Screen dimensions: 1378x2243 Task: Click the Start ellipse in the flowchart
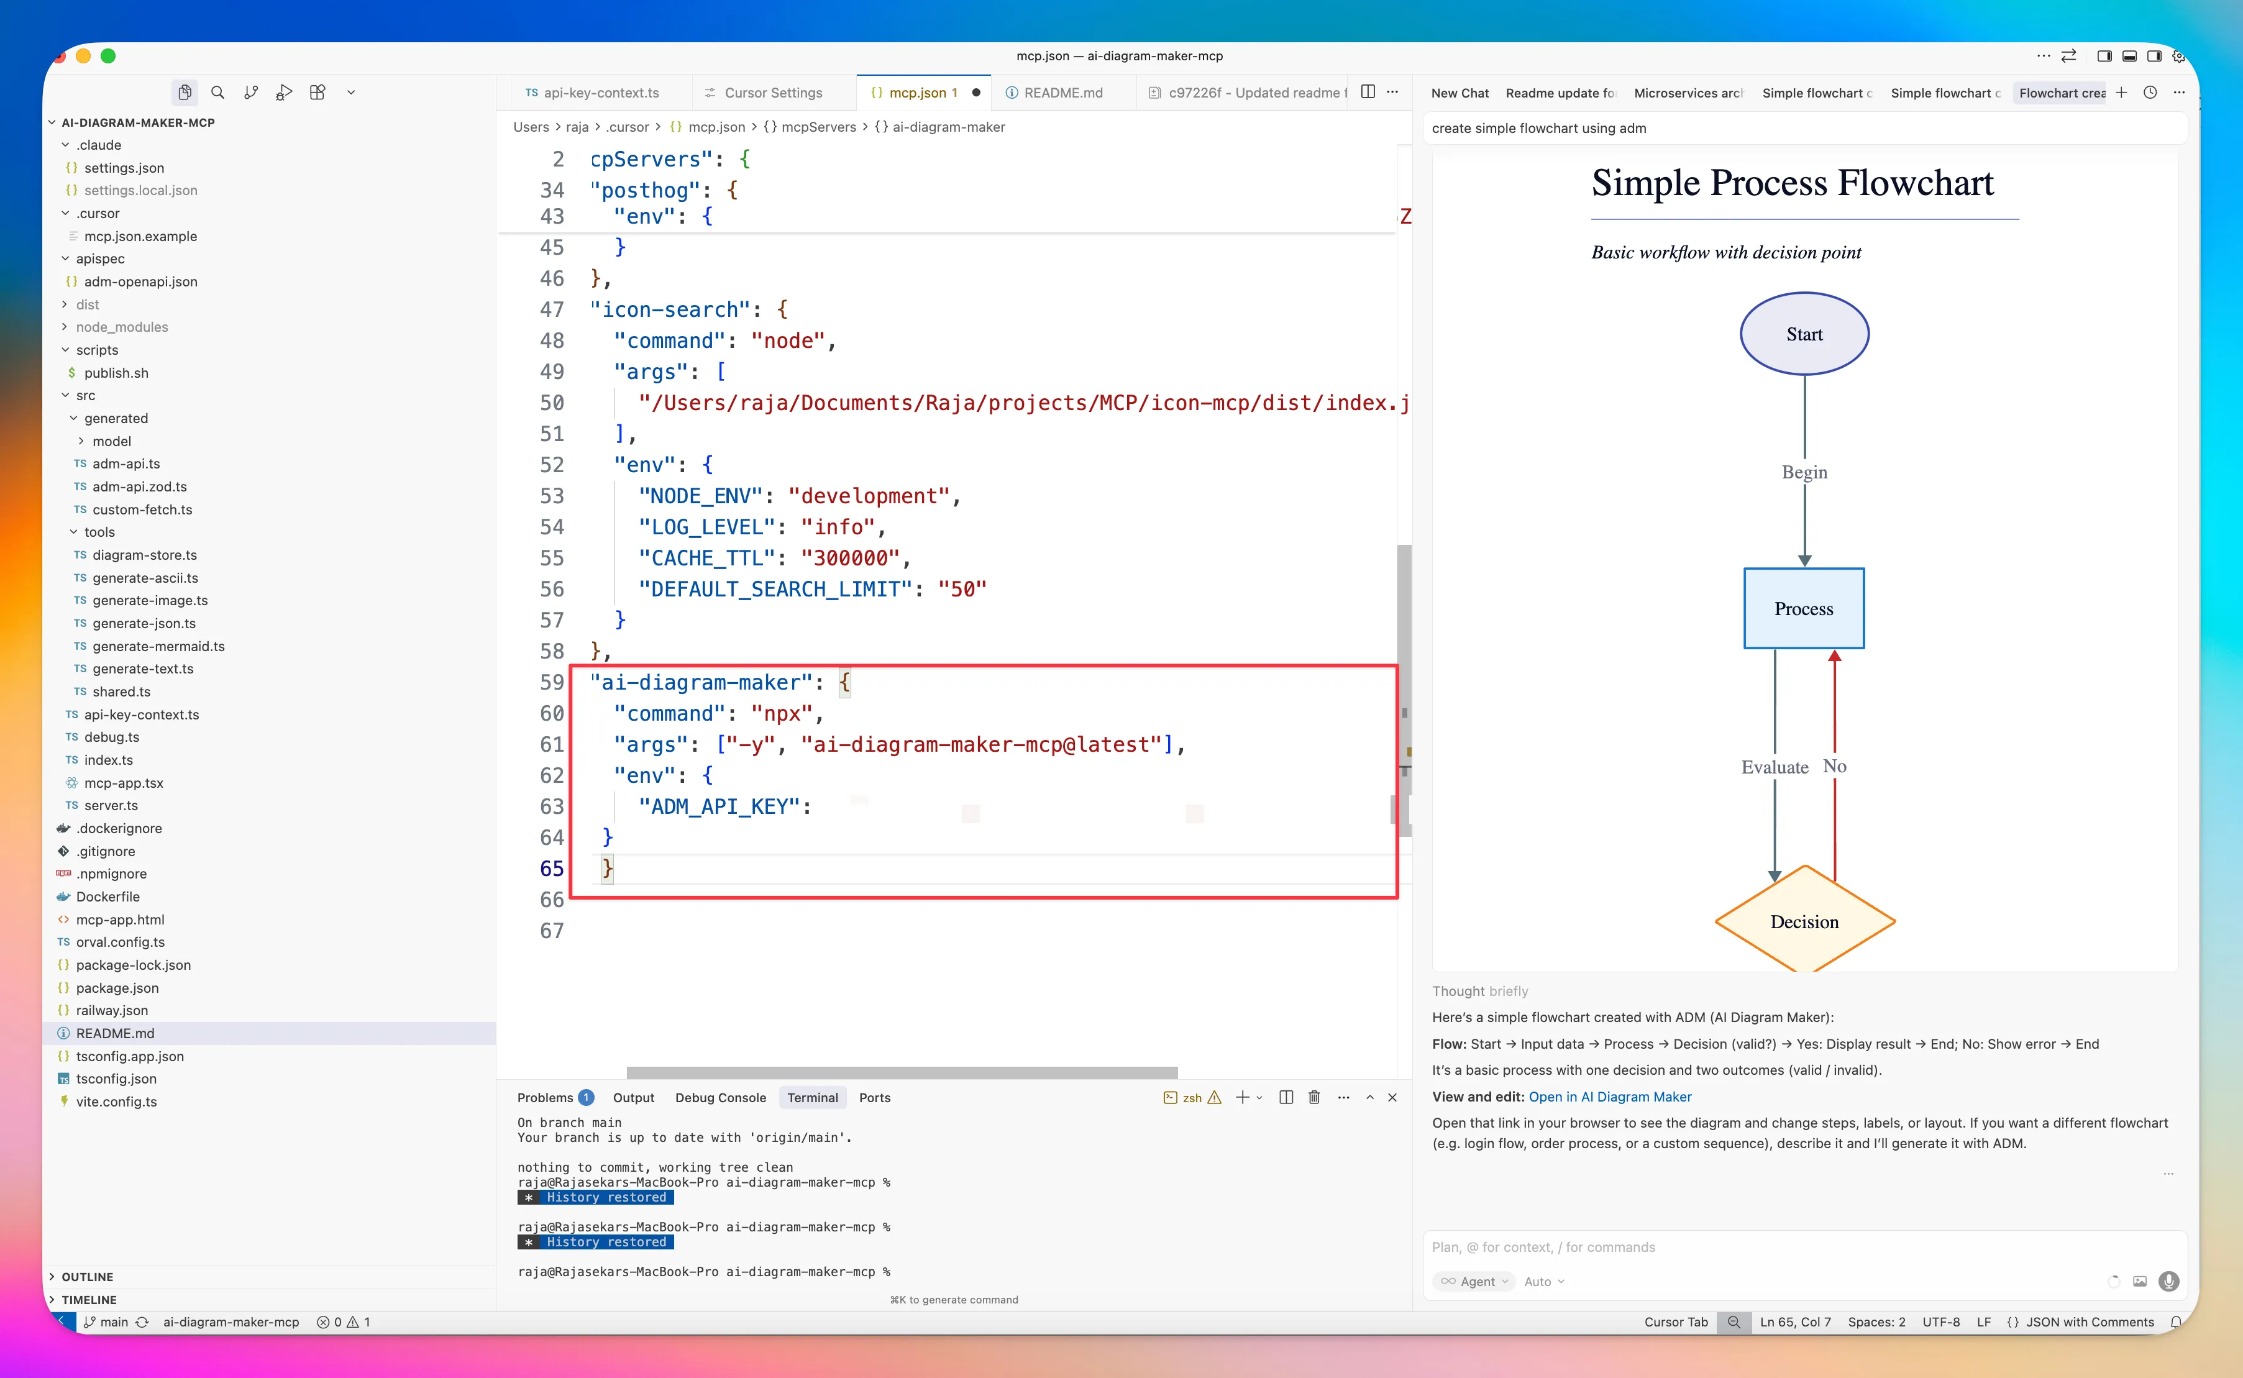[1804, 334]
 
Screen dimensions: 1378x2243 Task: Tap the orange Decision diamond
[1804, 921]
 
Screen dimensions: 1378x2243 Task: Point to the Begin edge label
[1804, 472]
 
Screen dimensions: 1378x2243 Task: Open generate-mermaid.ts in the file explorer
[158, 646]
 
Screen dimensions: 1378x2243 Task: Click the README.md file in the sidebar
[115, 1033]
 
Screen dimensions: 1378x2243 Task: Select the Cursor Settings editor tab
[773, 93]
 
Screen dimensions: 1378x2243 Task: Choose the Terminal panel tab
[812, 1097]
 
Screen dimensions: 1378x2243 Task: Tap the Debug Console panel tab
[720, 1097]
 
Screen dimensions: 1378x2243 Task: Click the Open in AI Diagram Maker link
[1610, 1097]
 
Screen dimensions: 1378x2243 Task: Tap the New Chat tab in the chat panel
[1459, 93]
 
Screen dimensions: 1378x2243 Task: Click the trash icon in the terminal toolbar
[1313, 1097]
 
